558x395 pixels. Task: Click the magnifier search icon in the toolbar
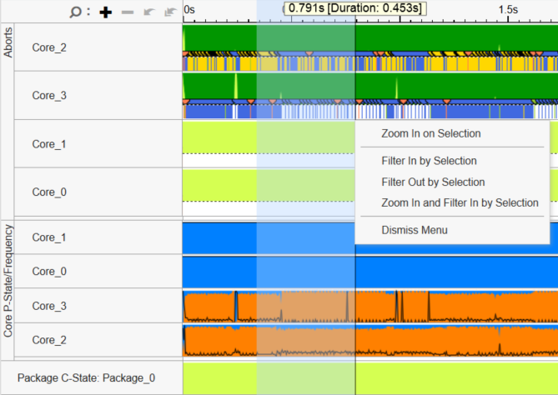(75, 12)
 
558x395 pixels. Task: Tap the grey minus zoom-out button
(127, 12)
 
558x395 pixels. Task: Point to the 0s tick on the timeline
(189, 8)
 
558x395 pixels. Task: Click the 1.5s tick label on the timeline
(509, 8)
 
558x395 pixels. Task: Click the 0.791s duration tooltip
(354, 8)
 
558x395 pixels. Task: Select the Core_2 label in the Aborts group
(48, 47)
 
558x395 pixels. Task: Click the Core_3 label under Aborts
(48, 95)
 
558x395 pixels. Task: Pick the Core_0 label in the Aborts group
(48, 192)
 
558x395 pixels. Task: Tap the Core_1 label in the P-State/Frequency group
(48, 237)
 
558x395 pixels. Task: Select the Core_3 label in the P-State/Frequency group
(48, 306)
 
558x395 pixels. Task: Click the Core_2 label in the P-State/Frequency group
(48, 340)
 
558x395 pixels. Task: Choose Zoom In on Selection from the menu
(430, 133)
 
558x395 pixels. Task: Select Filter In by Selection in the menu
(429, 161)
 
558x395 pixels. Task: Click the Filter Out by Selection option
(433, 182)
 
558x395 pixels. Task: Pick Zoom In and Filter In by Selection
(460, 202)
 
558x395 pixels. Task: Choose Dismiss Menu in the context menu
(415, 230)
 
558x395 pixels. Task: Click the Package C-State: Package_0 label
(86, 377)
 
